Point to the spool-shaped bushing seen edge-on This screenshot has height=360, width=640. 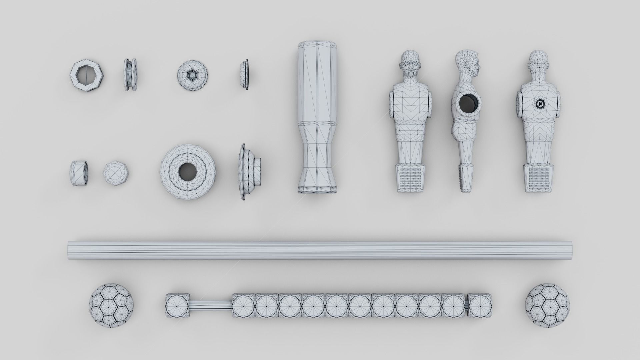(x=130, y=75)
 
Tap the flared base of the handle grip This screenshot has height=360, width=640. (x=317, y=182)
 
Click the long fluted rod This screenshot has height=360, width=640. (x=320, y=250)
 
